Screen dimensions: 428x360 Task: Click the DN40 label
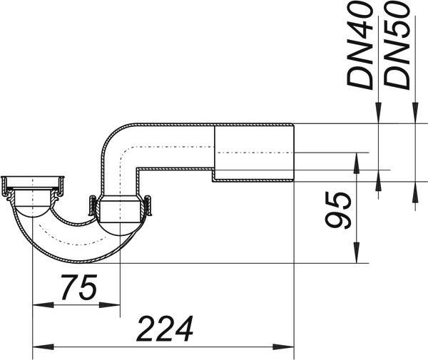point(360,46)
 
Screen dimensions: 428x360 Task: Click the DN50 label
point(397,46)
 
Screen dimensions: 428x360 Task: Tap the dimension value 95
point(338,210)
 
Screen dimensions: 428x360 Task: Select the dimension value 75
point(79,287)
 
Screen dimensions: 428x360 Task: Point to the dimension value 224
point(165,329)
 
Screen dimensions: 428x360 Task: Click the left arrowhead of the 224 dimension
point(43,347)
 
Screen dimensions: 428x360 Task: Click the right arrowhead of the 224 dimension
point(283,347)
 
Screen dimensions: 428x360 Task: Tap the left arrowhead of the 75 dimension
point(43,304)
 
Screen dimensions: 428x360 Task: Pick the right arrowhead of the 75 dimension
point(109,304)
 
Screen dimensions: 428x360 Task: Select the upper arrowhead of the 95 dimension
point(356,163)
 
